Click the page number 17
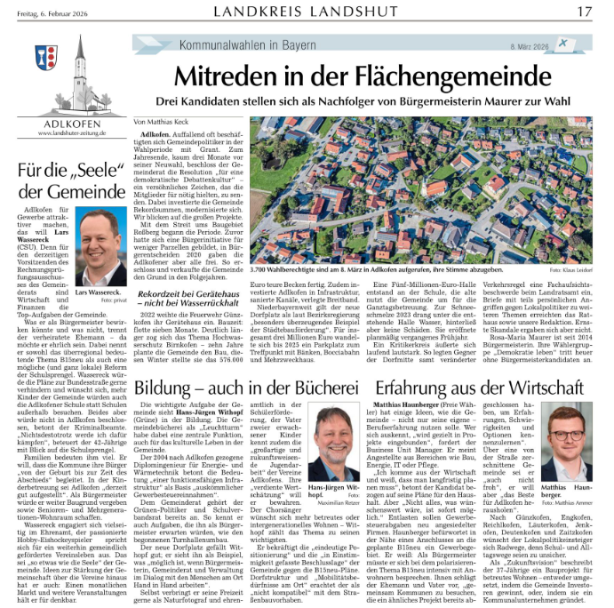pos(584,12)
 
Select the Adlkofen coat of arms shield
pos(46,58)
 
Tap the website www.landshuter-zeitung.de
pos(71,133)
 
